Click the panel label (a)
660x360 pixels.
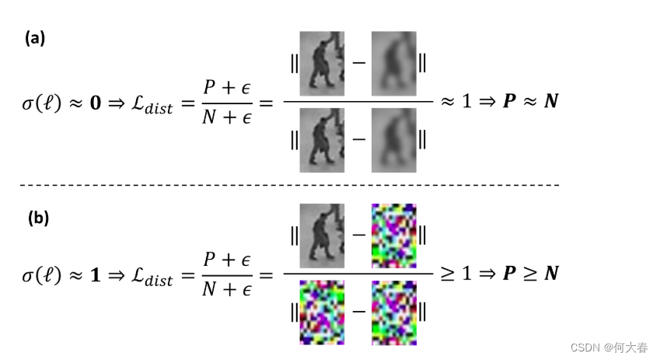pyautogui.click(x=35, y=38)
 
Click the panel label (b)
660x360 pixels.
pyautogui.click(x=38, y=218)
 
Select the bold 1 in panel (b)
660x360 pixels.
pyautogui.click(x=96, y=274)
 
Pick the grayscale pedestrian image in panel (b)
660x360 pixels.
pyautogui.click(x=322, y=235)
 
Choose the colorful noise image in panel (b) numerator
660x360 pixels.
pyautogui.click(x=393, y=235)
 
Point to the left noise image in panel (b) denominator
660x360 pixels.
pyautogui.click(x=322, y=312)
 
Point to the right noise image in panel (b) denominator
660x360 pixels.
pyautogui.click(x=393, y=312)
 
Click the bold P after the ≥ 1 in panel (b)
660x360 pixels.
pyautogui.click(x=509, y=274)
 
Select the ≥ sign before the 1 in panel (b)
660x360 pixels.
pyautogui.click(x=445, y=274)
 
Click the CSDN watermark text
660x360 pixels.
pyautogui.click(x=609, y=347)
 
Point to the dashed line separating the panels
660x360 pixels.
pyautogui.click(x=288, y=185)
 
